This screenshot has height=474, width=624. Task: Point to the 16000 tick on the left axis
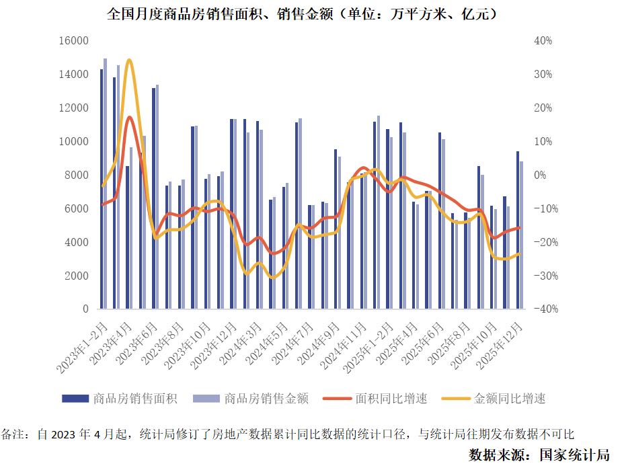75,41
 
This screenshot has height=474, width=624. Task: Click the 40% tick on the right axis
543,41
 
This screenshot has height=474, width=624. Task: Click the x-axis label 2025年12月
502,344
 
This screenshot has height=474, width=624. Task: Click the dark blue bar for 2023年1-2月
102,189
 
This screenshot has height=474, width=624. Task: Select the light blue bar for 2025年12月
521,235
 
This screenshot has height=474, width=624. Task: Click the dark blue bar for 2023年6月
153,198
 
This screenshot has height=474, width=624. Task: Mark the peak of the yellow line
129,61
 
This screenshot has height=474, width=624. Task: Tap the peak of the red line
129,118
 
